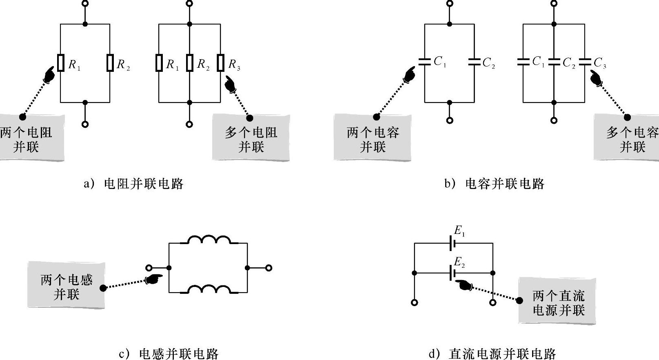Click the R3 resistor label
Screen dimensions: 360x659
(x=234, y=64)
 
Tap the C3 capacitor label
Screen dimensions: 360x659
(x=600, y=63)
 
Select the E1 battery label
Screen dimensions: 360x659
(x=459, y=231)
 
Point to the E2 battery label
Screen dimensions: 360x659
(x=459, y=262)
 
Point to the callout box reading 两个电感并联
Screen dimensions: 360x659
(x=66, y=286)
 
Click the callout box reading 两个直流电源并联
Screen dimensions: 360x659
(x=557, y=302)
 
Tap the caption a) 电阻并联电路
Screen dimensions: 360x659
(x=134, y=184)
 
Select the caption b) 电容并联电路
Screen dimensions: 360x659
(x=495, y=184)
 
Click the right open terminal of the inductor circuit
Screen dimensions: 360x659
(x=268, y=268)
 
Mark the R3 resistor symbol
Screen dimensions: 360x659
(x=221, y=63)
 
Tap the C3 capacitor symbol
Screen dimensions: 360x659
(x=585, y=62)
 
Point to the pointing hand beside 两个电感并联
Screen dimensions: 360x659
(x=153, y=279)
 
